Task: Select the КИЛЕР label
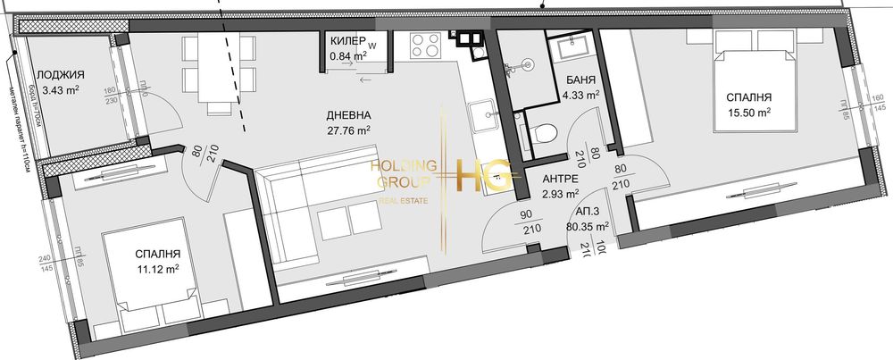pos(346,42)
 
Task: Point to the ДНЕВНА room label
pos(347,115)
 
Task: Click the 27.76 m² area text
pos(347,130)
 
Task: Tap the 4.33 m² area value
pos(580,94)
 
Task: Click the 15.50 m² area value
pos(748,113)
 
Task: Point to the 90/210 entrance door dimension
pos(533,221)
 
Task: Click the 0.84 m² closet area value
pos(346,56)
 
